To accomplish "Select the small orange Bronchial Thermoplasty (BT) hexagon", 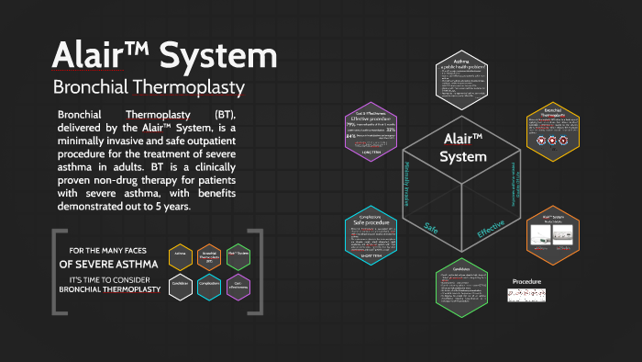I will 209,258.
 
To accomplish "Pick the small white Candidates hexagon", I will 180,283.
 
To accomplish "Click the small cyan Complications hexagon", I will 209,283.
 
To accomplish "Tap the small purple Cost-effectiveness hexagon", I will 238,283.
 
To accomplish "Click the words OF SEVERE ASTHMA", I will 109,264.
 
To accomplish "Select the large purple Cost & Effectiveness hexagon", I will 371,132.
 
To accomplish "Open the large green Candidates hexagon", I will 461,291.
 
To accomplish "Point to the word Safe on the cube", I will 432,226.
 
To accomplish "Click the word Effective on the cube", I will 490,228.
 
